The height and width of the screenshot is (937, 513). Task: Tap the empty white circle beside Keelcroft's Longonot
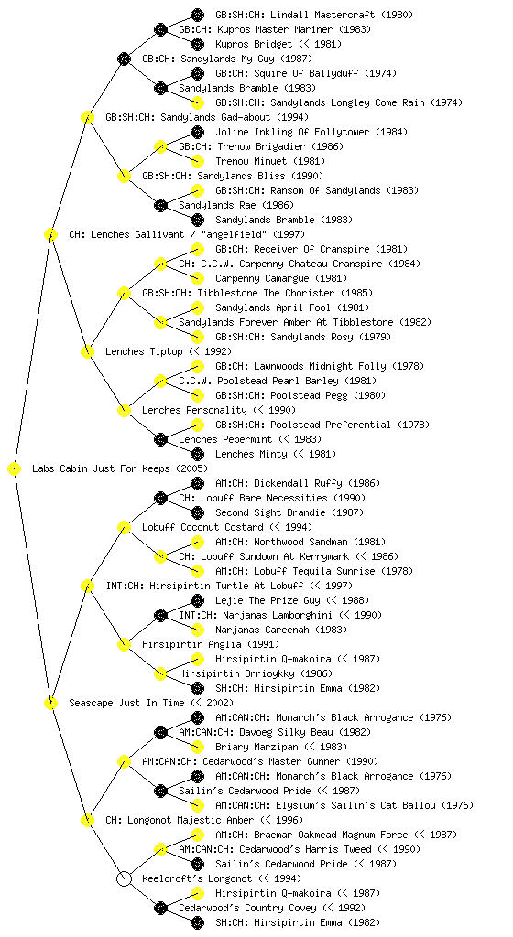[x=124, y=879]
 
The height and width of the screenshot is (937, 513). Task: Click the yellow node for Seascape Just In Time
[x=50, y=704]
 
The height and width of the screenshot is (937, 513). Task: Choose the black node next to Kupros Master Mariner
[x=160, y=29]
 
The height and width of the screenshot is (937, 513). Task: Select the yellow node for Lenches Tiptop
[x=87, y=352]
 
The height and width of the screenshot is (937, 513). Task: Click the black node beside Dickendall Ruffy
[x=197, y=483]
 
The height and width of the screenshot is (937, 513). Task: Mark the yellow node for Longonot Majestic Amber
[x=87, y=821]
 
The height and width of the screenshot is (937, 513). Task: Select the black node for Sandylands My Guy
[x=124, y=59]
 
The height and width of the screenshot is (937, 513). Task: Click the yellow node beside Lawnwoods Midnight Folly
[x=197, y=366]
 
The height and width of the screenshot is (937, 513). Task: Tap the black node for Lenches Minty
[x=197, y=454]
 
